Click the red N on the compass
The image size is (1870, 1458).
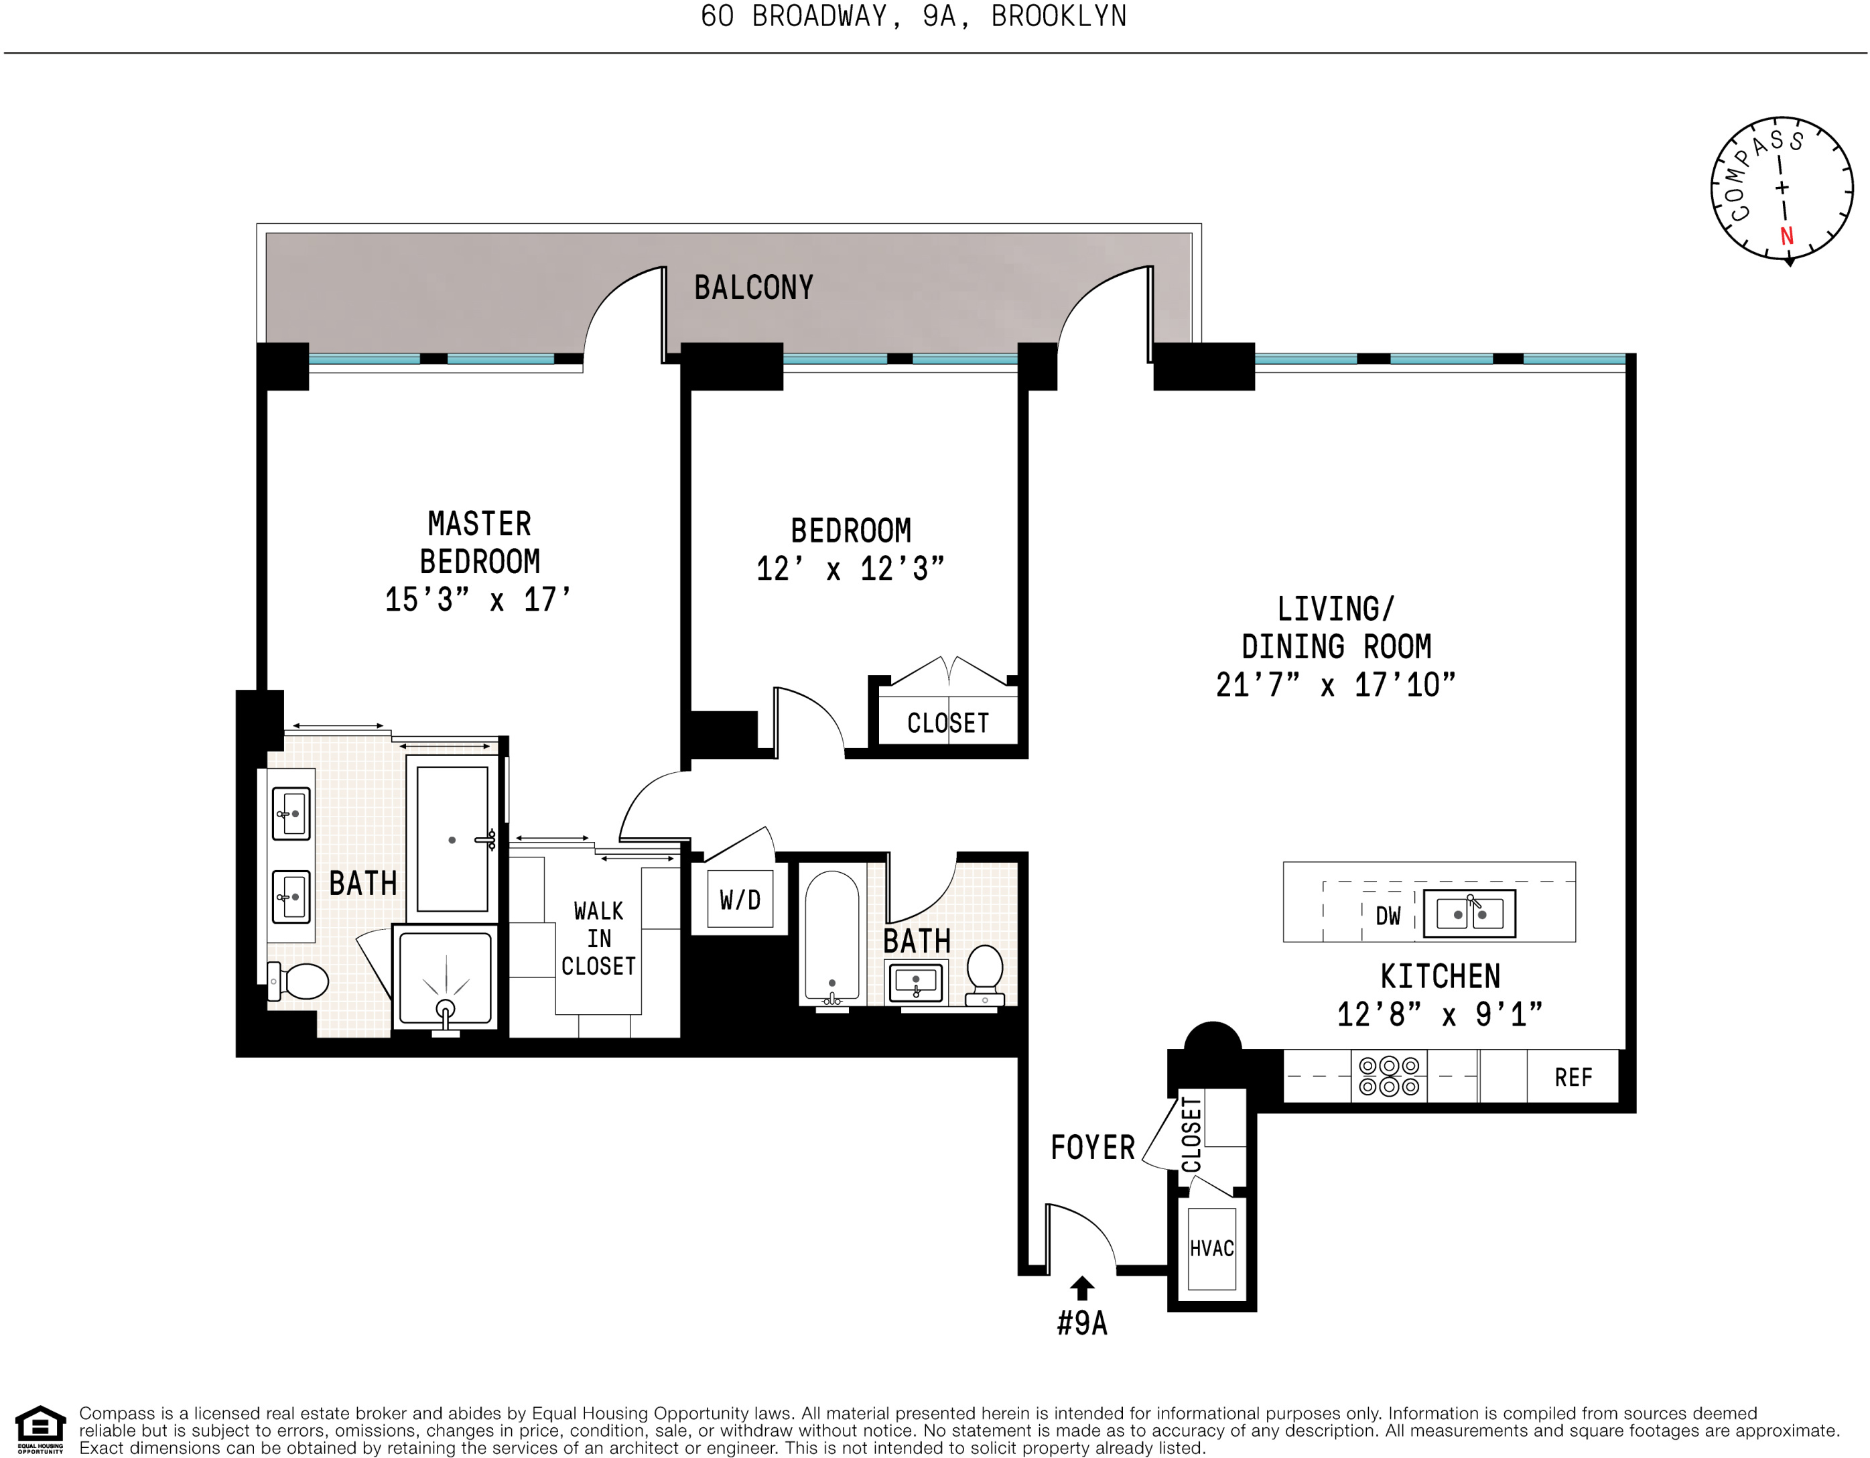[1786, 237]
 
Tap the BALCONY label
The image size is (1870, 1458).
[754, 288]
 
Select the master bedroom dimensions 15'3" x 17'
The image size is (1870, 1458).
[477, 600]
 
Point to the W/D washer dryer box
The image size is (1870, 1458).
[740, 900]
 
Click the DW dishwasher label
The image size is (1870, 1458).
[1388, 916]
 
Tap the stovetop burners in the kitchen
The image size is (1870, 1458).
[1389, 1077]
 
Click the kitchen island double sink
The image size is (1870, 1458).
[1469, 913]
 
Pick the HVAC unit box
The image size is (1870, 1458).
[1211, 1249]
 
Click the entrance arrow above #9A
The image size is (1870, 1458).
[1082, 1288]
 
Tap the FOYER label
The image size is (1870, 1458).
[1093, 1148]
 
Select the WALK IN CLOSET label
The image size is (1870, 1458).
[598, 939]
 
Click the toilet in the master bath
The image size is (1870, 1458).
[299, 981]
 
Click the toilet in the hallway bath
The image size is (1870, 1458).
[985, 972]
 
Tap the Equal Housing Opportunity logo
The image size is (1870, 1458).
[40, 1430]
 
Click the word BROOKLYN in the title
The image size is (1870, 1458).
[1059, 16]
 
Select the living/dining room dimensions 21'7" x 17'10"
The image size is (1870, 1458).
[1335, 685]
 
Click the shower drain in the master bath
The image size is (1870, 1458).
[446, 1008]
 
